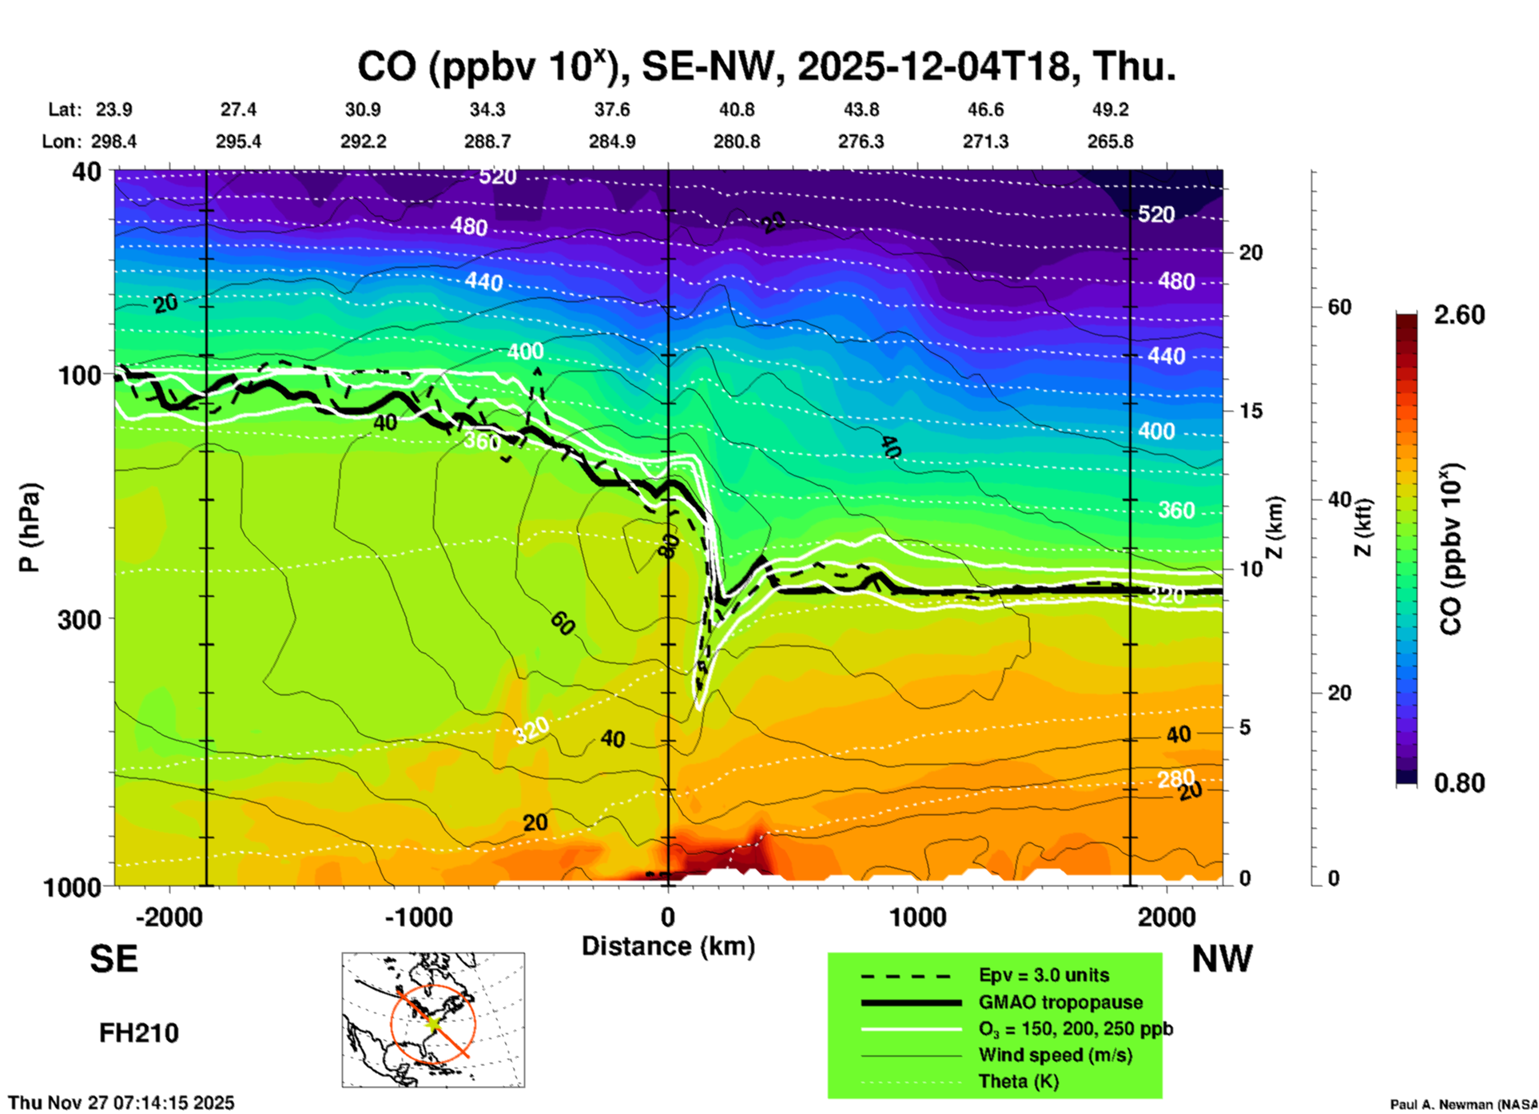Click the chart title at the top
click(x=766, y=67)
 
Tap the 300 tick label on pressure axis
click(x=79, y=619)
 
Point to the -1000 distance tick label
click(x=418, y=917)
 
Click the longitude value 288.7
click(x=487, y=141)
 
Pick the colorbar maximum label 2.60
click(x=1459, y=315)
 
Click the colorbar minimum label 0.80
click(x=1459, y=783)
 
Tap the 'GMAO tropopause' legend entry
click(x=1060, y=1002)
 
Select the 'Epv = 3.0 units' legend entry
click(x=1044, y=976)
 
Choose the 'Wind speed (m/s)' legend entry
click(x=1055, y=1055)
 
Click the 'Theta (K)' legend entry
click(x=1018, y=1081)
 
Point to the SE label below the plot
click(x=113, y=959)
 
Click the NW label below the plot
click(x=1222, y=959)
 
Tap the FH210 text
click(x=139, y=1033)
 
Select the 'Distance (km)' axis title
click(x=668, y=946)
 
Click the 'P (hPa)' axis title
click(x=30, y=527)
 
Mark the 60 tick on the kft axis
click(x=1339, y=307)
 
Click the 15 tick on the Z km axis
click(x=1251, y=411)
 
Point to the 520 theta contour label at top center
click(x=497, y=176)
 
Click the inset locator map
click(x=433, y=1020)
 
